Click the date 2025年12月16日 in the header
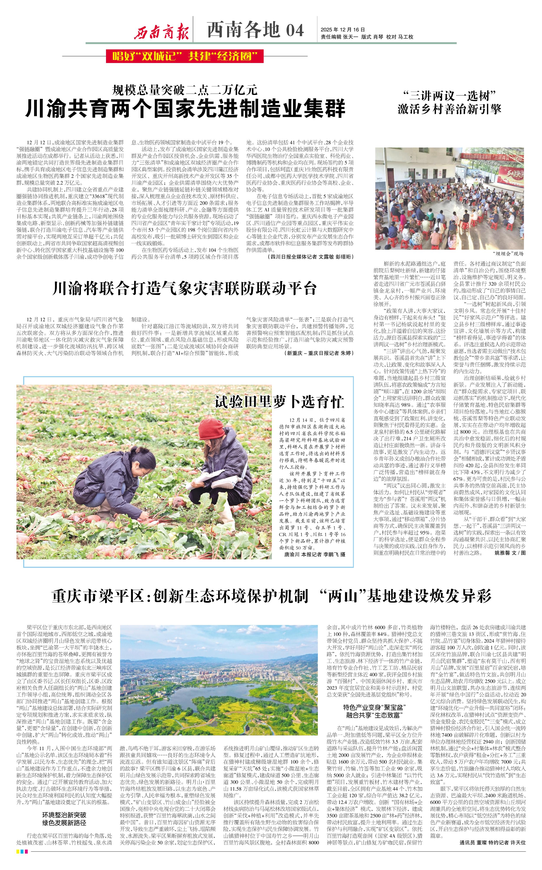coord(343,29)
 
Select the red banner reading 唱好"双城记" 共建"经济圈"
coord(185,56)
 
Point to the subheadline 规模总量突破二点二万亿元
coord(185,89)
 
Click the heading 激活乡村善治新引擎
coord(449,109)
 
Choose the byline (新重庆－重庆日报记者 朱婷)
coord(319,353)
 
